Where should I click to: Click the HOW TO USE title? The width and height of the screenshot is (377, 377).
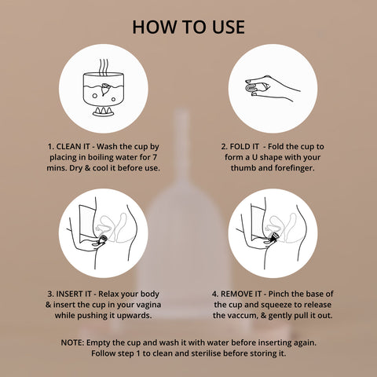[188, 27]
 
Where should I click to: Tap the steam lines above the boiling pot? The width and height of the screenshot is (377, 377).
[104, 67]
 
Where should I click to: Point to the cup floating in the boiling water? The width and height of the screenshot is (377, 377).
[104, 90]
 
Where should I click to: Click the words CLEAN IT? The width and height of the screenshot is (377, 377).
[73, 147]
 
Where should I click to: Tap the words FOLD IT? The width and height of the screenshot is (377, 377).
[244, 147]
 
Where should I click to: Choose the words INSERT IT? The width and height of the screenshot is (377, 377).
[74, 294]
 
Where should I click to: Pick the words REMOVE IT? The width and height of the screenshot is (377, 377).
[241, 294]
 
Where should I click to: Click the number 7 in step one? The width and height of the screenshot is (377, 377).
[155, 157]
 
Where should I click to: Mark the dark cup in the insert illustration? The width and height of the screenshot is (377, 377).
[103, 239]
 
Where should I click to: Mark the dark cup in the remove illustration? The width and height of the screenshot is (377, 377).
[274, 237]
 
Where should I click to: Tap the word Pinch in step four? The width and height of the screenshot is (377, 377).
[279, 294]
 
